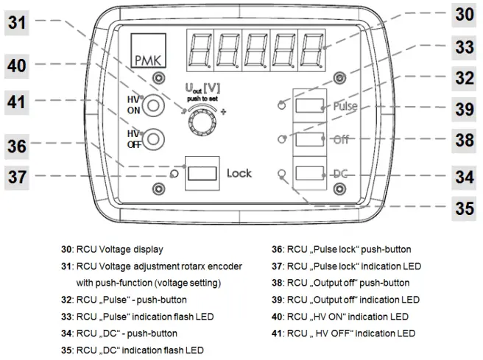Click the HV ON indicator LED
[153, 106]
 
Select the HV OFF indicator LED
[153, 137]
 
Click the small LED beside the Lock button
[173, 174]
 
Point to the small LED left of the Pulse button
[281, 105]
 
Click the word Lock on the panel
[239, 174]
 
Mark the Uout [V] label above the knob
[204, 88]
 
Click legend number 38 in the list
[277, 283]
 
